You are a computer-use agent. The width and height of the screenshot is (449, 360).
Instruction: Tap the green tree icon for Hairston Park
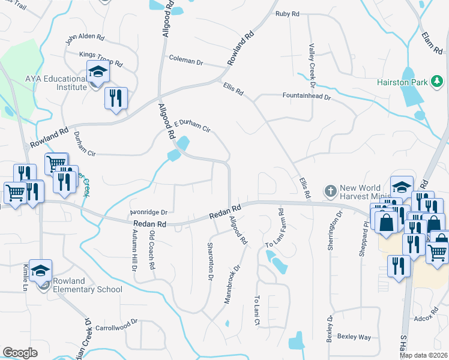(x=438, y=80)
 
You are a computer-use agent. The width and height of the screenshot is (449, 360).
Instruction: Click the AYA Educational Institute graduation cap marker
(x=97, y=73)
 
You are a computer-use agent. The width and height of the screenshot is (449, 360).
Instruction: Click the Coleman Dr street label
(x=187, y=61)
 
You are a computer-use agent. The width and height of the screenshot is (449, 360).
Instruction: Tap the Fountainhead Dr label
(x=307, y=95)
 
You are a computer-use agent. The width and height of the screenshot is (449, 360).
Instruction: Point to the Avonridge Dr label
(x=148, y=212)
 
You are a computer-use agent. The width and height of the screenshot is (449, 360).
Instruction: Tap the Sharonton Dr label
(x=211, y=262)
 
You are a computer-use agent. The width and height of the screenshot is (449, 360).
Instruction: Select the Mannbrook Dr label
(x=232, y=284)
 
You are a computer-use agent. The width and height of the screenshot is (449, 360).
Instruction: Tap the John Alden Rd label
(x=85, y=39)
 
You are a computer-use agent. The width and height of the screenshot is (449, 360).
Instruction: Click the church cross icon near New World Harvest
(x=330, y=191)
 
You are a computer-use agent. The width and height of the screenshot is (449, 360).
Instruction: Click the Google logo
(x=20, y=353)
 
